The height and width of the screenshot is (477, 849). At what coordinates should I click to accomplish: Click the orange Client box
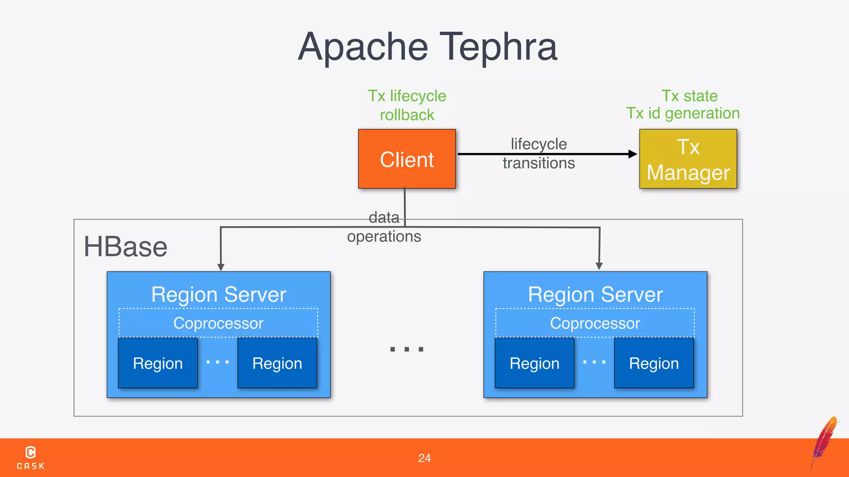[407, 159]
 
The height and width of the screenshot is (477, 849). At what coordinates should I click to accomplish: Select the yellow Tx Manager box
[688, 159]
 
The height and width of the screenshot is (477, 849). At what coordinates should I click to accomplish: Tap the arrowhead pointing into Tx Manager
[633, 154]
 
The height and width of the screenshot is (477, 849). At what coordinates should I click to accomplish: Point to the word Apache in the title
[363, 47]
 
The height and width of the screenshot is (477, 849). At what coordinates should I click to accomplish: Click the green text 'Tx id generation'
[683, 113]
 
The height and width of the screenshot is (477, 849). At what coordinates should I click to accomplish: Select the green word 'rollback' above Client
[407, 115]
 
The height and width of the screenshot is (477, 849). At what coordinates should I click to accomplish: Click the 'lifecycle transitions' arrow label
[539, 154]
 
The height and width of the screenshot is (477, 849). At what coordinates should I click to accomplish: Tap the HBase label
[125, 247]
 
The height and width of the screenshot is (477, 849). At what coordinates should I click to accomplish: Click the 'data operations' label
[384, 227]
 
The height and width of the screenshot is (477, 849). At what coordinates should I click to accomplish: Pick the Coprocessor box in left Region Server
[218, 323]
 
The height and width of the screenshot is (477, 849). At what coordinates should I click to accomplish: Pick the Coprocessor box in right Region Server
[595, 323]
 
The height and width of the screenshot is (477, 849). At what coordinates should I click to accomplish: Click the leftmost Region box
[158, 363]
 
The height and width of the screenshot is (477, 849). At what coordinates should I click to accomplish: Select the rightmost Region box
[654, 363]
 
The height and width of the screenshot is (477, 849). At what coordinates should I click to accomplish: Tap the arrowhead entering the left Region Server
[221, 267]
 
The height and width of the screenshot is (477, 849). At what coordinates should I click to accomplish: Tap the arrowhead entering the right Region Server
[599, 266]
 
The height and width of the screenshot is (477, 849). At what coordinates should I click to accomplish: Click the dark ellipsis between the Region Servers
[407, 349]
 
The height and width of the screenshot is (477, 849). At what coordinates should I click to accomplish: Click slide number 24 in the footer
[424, 458]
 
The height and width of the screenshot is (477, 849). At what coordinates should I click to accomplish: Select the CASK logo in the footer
[31, 458]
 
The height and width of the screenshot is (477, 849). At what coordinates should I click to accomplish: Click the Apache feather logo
[825, 441]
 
